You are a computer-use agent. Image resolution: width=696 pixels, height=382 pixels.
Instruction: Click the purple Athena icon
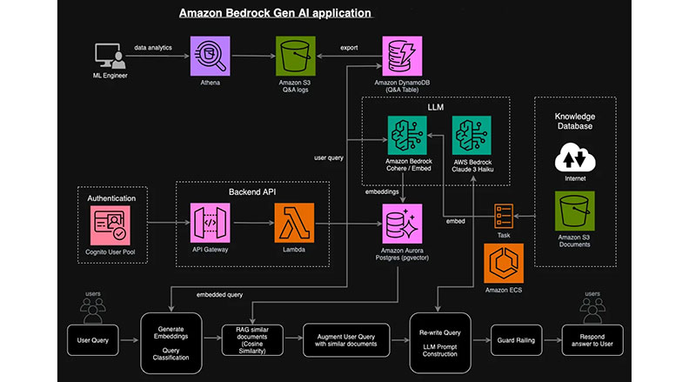click(211, 56)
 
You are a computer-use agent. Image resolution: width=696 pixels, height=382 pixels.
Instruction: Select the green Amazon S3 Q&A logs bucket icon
click(295, 56)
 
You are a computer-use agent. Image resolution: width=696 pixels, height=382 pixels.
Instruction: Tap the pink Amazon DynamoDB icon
click(402, 56)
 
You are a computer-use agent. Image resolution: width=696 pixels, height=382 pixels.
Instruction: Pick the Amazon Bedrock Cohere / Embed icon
click(407, 136)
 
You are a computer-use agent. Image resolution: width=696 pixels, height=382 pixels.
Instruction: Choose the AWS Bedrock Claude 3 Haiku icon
click(473, 136)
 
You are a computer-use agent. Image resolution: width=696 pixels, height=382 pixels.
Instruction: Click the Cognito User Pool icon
click(110, 225)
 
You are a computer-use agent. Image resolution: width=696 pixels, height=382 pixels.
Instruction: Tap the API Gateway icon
click(211, 225)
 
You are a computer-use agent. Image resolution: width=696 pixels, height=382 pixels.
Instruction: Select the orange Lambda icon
click(295, 225)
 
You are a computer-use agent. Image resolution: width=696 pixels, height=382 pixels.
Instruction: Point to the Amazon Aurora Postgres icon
click(402, 225)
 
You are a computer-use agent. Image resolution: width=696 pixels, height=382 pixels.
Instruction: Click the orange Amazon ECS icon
click(504, 264)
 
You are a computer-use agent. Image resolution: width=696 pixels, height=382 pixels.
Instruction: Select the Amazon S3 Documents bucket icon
click(574, 212)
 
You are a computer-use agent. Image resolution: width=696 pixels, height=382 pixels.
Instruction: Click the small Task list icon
click(504, 213)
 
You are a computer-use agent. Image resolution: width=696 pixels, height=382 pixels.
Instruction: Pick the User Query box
click(94, 338)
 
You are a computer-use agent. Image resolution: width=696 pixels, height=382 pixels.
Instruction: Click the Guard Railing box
click(516, 338)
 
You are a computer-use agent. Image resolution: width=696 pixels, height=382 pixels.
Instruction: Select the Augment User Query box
click(342, 338)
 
